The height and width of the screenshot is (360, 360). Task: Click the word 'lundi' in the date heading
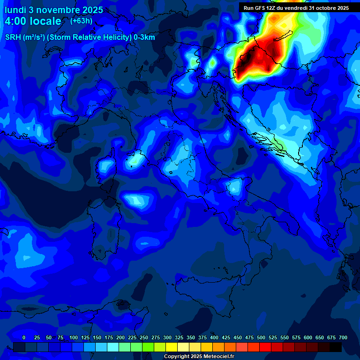coord(15,9)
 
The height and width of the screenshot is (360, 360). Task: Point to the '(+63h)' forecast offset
coord(81,21)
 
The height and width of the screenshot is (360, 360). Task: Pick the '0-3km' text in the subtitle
coord(144,37)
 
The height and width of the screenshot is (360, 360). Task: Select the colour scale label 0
coord(24,337)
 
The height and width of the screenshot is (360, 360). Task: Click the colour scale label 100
coord(73,337)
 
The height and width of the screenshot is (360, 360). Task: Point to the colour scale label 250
coord(144,337)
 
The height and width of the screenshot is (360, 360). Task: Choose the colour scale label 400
coord(214,337)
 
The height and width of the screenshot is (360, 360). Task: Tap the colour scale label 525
coord(273,337)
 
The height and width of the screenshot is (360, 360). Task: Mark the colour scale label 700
coord(343,337)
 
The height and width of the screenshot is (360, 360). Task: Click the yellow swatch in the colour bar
coord(172,347)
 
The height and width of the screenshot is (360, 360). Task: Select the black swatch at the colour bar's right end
coord(336,347)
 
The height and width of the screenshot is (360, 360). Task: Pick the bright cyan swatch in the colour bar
coord(113,347)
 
